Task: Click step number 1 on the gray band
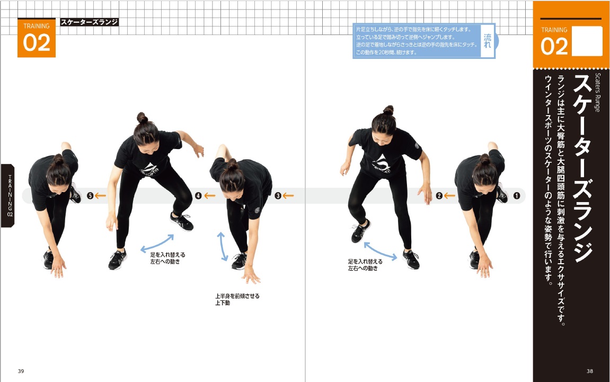click(516, 196)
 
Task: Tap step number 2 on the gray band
click(439, 196)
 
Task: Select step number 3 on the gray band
click(278, 196)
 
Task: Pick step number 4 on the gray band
click(198, 196)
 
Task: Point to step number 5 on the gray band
click(90, 196)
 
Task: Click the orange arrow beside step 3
click(288, 196)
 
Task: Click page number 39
click(21, 371)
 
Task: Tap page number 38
click(590, 371)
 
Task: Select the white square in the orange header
click(587, 41)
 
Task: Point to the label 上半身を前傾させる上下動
click(237, 299)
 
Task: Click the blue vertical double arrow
click(223, 246)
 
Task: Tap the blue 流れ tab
click(488, 40)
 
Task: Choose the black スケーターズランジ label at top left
click(89, 22)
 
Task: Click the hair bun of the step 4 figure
click(142, 117)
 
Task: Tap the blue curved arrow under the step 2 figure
click(379, 251)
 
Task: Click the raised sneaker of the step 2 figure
click(360, 231)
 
